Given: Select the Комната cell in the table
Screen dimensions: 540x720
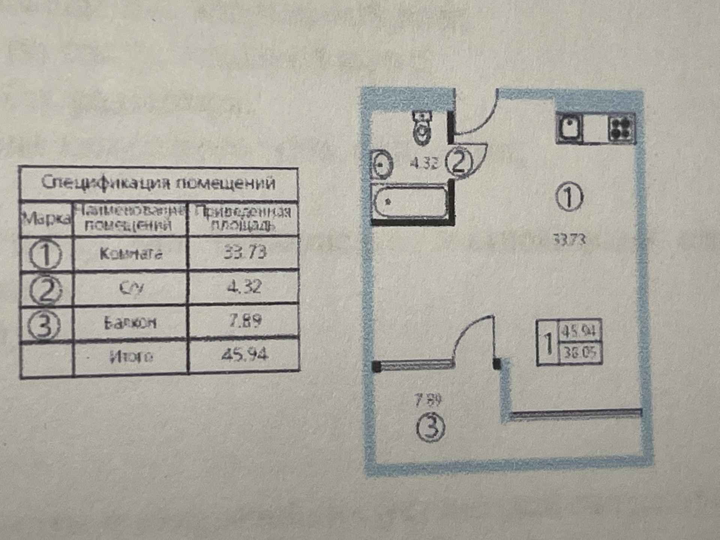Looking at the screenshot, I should tap(131, 254).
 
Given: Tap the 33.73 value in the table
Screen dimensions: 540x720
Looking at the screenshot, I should tap(245, 252).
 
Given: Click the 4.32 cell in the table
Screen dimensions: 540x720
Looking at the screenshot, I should tap(244, 287).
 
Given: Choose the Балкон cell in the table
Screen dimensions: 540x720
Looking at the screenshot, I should tap(130, 322).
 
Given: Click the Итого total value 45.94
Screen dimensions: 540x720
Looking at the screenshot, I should tap(245, 354).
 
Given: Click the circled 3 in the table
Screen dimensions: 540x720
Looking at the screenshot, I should tap(45, 325).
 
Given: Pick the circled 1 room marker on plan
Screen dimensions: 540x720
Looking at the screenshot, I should tap(569, 197).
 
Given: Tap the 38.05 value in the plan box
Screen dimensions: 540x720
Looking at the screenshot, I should tap(580, 352).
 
